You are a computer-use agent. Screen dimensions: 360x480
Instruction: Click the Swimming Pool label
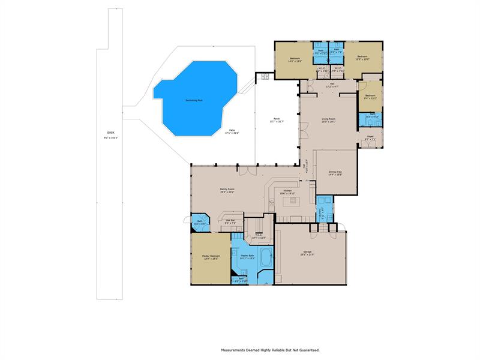(x=193, y=100)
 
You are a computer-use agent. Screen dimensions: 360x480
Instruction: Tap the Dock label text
(x=110, y=133)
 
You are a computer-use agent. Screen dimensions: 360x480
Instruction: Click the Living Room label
(x=328, y=121)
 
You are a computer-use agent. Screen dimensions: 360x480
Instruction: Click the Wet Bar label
(x=230, y=221)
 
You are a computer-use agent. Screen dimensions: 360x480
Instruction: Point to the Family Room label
(x=227, y=190)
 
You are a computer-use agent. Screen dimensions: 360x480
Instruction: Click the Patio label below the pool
(x=232, y=132)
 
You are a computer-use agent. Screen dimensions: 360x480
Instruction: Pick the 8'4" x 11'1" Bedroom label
(x=370, y=97)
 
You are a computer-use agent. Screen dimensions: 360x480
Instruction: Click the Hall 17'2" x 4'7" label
(x=329, y=86)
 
